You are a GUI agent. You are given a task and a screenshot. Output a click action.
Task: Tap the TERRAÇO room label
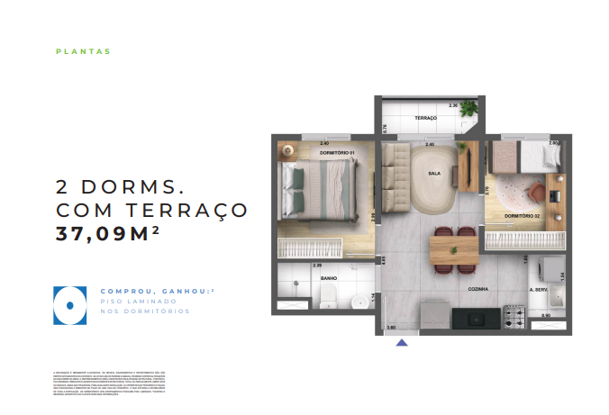[425, 119]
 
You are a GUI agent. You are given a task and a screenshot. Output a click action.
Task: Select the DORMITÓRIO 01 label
[337, 153]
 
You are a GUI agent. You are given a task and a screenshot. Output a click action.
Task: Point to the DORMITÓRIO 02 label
[522, 216]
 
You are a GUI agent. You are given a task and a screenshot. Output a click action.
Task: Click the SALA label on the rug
[434, 174]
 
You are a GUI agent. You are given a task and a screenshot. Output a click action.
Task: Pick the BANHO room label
[329, 280]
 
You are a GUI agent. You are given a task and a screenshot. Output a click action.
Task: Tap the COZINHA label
[477, 289]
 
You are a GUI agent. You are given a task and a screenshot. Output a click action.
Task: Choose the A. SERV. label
[540, 290]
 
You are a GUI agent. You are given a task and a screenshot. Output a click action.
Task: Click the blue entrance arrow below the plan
[402, 341]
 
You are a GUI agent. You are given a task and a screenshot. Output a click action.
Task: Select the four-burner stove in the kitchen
[514, 316]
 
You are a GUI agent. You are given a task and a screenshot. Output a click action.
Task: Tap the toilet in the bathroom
[329, 300]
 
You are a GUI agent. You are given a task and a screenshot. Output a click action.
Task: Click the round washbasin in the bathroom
[359, 301]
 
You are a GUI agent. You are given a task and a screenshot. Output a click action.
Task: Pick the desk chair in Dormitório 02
[536, 190]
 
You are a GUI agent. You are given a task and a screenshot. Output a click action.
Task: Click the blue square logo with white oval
[68, 304]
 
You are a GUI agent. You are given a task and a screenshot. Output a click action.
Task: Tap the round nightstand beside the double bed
[287, 150]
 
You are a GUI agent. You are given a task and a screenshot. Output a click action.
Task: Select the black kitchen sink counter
[474, 318]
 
